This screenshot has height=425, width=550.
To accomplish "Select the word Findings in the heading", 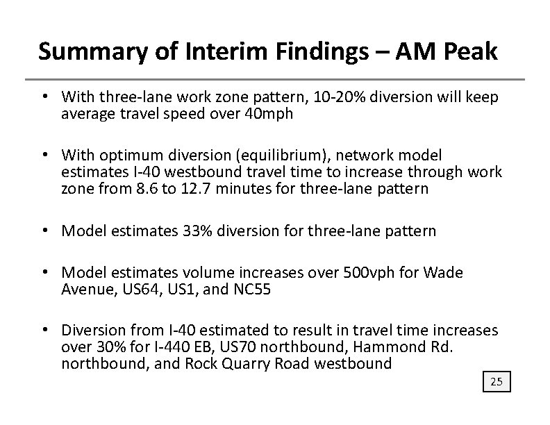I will pos(308,53).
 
